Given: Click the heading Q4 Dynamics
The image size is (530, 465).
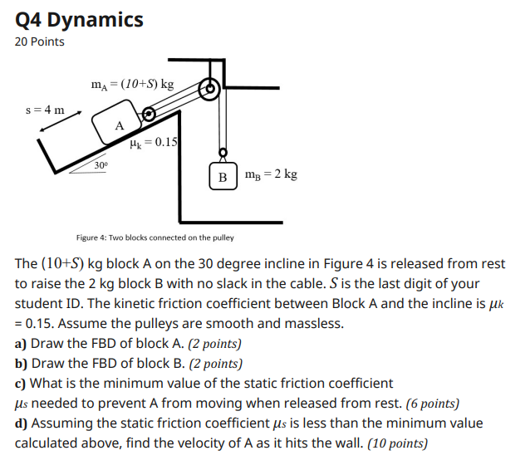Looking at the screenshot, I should tap(79, 19).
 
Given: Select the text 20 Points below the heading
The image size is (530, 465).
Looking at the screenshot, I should tap(39, 42).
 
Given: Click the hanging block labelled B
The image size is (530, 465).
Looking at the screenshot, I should tap(222, 176).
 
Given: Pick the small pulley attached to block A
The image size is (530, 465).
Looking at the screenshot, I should tap(149, 114).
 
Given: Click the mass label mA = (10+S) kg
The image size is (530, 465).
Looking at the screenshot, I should tap(133, 84).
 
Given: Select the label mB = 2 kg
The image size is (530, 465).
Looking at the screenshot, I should tap(271, 174).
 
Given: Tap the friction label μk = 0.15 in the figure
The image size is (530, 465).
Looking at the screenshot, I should tap(153, 142).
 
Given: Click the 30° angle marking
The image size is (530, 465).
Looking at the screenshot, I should tap(100, 165).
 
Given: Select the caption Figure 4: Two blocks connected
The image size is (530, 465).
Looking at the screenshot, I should tap(155, 237).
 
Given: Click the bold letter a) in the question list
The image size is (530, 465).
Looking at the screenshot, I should tap(20, 343).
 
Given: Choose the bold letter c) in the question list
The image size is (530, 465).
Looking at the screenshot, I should tap(20, 383).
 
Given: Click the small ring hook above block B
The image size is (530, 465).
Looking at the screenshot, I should tap(222, 153).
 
